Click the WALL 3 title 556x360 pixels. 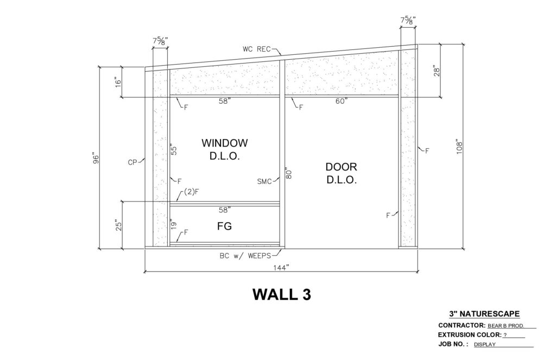click(x=282, y=294)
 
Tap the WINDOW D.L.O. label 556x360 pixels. click(x=224, y=149)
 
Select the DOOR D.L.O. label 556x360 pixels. click(x=341, y=173)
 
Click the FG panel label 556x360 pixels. click(x=224, y=226)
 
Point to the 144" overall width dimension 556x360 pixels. click(x=281, y=268)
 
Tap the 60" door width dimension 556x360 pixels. click(x=342, y=102)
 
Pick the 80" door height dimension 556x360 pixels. click(x=288, y=173)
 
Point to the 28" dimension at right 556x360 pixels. click(x=437, y=71)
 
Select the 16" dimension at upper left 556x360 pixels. click(x=118, y=82)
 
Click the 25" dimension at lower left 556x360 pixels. click(x=119, y=226)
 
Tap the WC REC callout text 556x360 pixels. click(x=257, y=49)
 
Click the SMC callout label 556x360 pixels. click(x=264, y=181)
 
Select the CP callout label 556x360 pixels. click(x=132, y=162)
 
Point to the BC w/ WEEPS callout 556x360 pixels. click(x=245, y=256)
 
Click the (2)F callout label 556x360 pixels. click(x=192, y=192)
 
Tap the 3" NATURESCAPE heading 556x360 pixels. click(x=484, y=313)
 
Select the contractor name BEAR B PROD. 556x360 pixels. click(x=506, y=326)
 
